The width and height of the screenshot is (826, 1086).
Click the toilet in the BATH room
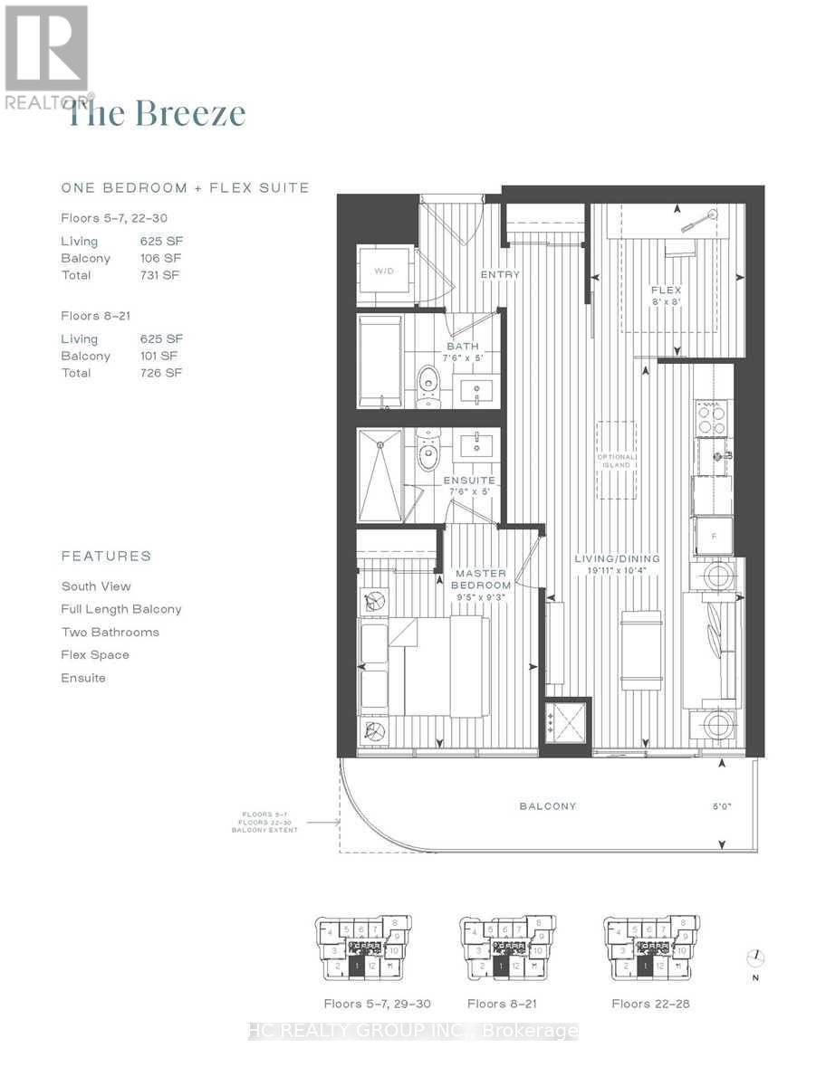426,380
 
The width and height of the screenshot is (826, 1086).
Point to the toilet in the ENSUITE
427,446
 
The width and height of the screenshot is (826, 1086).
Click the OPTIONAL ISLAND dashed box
616,460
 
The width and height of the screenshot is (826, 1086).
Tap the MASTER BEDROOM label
481,579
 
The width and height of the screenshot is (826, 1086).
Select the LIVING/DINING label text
617,558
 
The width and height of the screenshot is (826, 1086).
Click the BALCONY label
548,805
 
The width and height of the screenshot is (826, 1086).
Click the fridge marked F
713,536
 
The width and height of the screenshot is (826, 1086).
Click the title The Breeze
157,114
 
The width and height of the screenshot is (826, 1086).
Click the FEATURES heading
106,556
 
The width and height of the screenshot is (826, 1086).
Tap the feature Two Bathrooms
110,632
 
